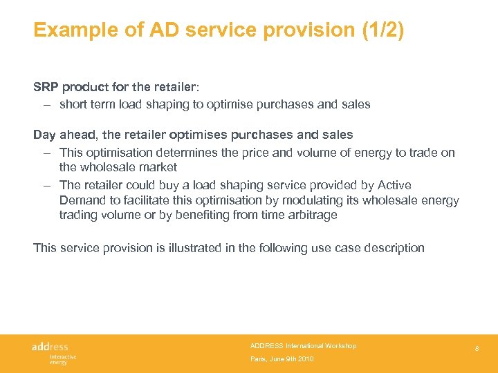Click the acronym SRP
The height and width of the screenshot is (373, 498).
pyautogui.click(x=46, y=87)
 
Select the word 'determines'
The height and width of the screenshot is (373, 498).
pyautogui.click(x=186, y=153)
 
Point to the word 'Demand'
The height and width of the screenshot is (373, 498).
pyautogui.click(x=82, y=200)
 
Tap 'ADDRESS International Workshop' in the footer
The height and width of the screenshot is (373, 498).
pyautogui.click(x=303, y=346)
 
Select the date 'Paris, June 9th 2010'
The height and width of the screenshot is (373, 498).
pyautogui.click(x=282, y=360)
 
